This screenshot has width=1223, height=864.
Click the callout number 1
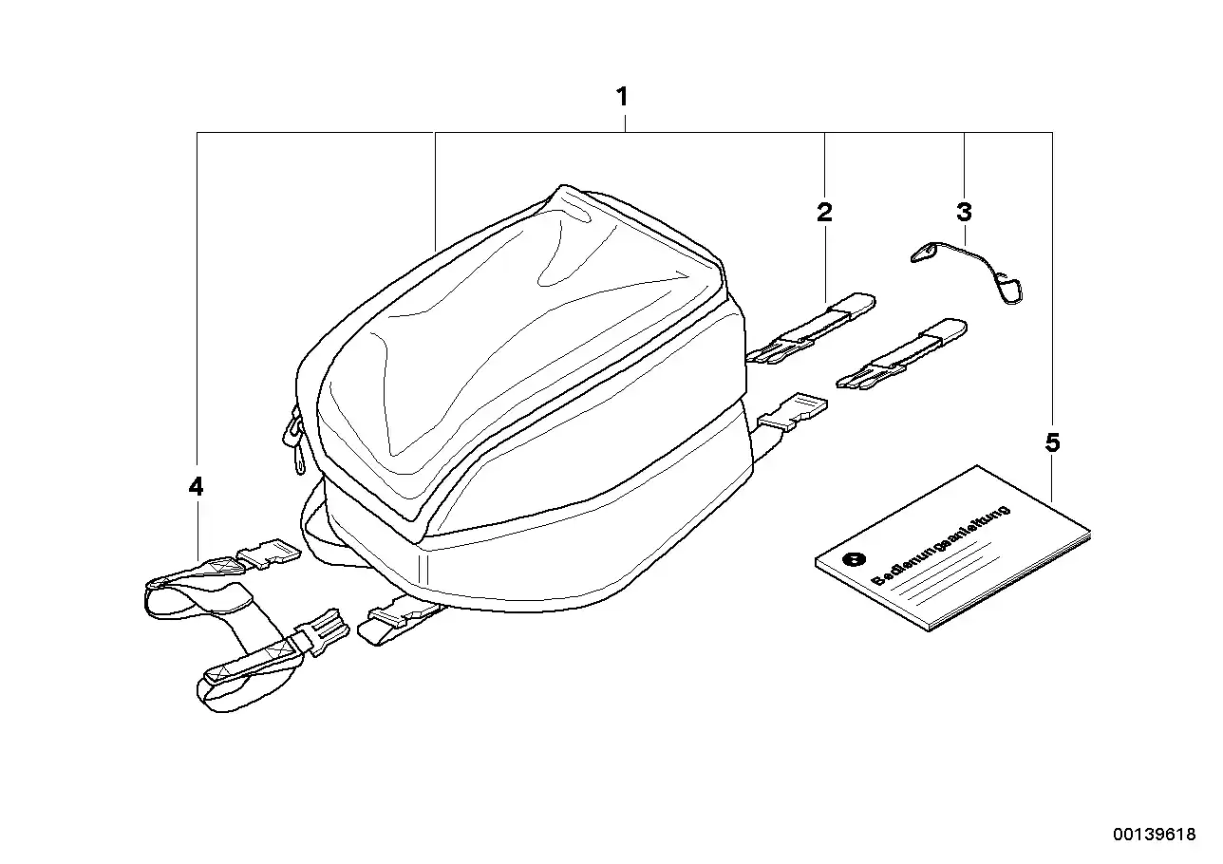[x=622, y=97]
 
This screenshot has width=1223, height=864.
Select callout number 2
[x=824, y=212]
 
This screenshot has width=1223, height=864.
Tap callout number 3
[x=964, y=212]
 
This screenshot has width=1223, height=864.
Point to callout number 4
[x=196, y=486]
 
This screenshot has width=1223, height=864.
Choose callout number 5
[x=1052, y=442]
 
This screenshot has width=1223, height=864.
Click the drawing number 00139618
[x=1155, y=834]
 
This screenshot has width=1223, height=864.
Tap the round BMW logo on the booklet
[x=854, y=558]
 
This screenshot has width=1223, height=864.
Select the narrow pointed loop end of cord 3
[x=923, y=254]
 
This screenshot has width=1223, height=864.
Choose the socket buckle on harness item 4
[x=269, y=554]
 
